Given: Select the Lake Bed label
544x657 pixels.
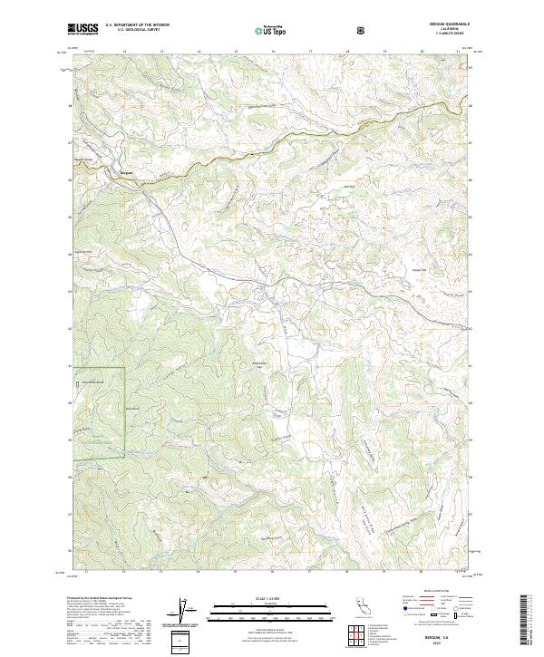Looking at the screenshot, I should pyautogui.click(x=347, y=188).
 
